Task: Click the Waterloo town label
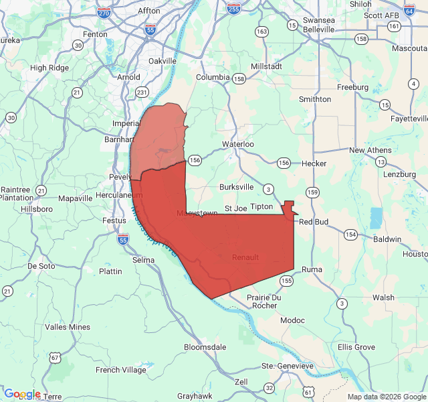pyautogui.click(x=238, y=144)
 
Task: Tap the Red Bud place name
pyautogui.click(x=313, y=222)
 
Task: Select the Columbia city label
pyautogui.click(x=212, y=77)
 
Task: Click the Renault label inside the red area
pyautogui.click(x=245, y=257)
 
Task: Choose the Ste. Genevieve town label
pyautogui.click(x=287, y=366)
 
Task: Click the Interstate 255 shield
pyautogui.click(x=233, y=9)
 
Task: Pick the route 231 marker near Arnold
pyautogui.click(x=142, y=92)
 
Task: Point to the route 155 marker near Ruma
pyautogui.click(x=287, y=281)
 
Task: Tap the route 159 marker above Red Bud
pyautogui.click(x=312, y=192)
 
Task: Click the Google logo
pyautogui.click(x=21, y=394)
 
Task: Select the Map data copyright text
pyautogui.click(x=386, y=397)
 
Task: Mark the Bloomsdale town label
pyautogui.click(x=205, y=347)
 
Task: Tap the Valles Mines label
pyautogui.click(x=67, y=327)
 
